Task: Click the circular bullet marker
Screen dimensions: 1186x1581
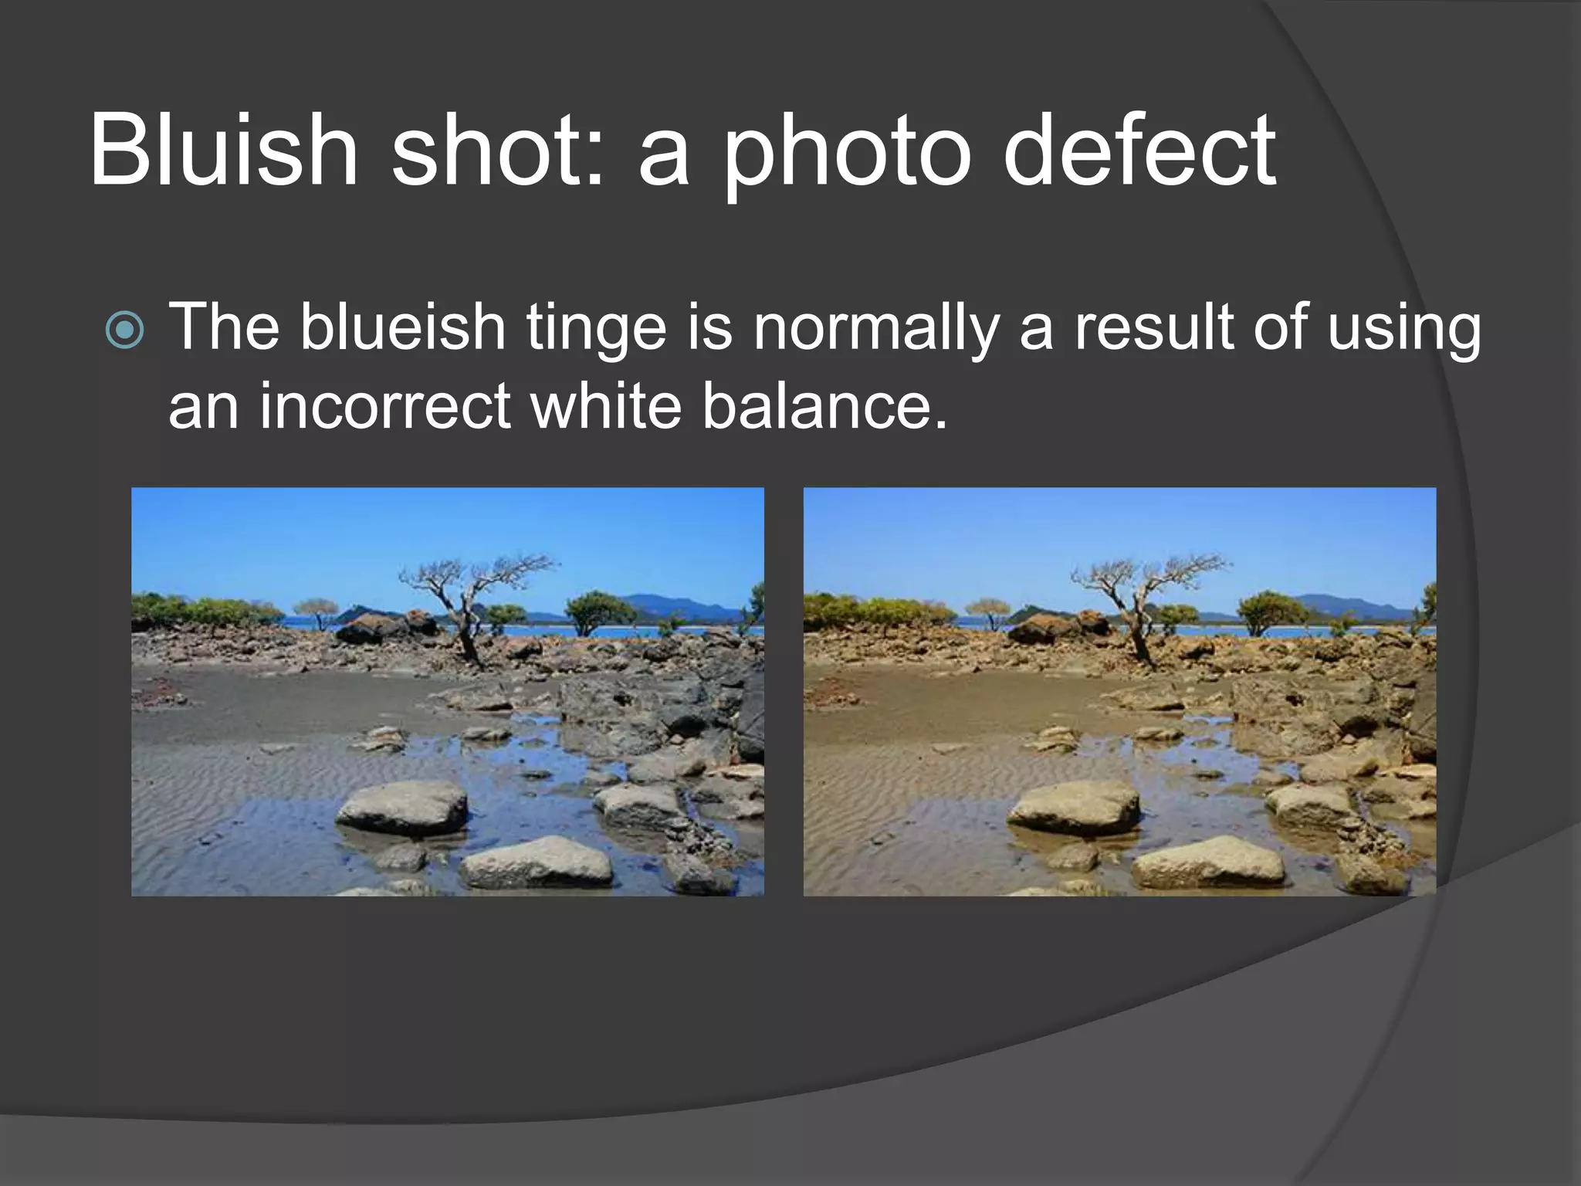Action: pyautogui.click(x=124, y=330)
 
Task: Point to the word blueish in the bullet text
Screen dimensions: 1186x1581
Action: pyautogui.click(x=402, y=327)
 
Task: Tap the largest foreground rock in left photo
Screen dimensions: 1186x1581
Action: pyautogui.click(x=402, y=807)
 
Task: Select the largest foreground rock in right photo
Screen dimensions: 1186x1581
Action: pyautogui.click(x=1074, y=807)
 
